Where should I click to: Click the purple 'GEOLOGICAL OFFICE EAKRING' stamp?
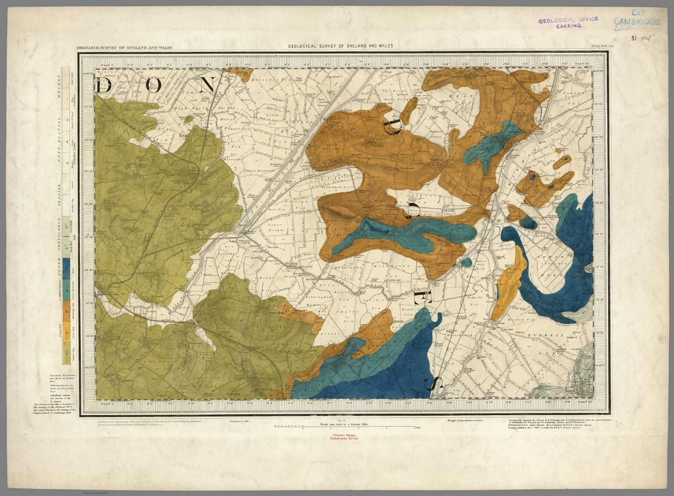point(569,22)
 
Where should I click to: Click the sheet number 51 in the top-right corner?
point(634,38)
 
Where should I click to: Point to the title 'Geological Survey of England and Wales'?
point(341,46)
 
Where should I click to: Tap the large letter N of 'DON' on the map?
point(206,85)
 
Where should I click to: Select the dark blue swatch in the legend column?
point(66,268)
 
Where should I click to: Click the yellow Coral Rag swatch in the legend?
point(66,330)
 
